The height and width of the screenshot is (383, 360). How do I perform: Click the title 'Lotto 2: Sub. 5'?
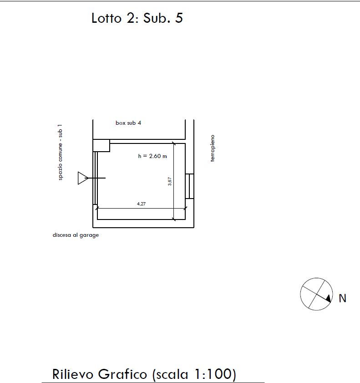pyautogui.click(x=137, y=18)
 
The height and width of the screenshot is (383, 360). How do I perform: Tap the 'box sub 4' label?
pyautogui.click(x=128, y=123)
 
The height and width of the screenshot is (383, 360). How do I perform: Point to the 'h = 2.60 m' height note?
pyautogui.click(x=152, y=156)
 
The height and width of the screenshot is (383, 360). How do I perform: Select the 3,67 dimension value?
pyautogui.click(x=170, y=181)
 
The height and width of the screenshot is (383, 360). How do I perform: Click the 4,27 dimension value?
pyautogui.click(x=142, y=204)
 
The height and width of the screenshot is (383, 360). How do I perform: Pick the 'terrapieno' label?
pyautogui.click(x=213, y=148)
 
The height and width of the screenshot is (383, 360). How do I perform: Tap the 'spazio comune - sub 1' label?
pyautogui.click(x=60, y=153)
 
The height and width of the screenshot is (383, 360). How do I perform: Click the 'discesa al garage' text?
pyautogui.click(x=76, y=235)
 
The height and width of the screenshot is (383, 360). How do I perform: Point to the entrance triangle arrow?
pyautogui.click(x=83, y=178)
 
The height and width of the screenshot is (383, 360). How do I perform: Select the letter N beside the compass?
pyautogui.click(x=342, y=298)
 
